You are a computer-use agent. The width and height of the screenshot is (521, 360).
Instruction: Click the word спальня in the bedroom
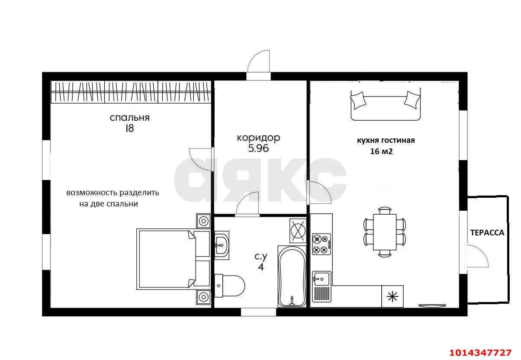tap(129, 118)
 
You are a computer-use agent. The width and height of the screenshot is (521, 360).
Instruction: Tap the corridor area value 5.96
tap(258, 148)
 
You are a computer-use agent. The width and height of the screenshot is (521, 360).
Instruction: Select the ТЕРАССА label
tap(487, 232)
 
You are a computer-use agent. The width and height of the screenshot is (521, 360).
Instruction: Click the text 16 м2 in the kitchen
tap(381, 151)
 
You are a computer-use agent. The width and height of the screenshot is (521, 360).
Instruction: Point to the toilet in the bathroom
tap(229, 286)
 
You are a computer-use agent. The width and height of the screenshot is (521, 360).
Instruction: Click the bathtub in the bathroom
tap(292, 277)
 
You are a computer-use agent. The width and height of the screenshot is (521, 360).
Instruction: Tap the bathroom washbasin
tap(222, 245)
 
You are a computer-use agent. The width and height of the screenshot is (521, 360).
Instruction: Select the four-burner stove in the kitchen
tap(321, 244)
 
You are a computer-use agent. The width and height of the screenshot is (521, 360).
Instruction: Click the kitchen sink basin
tap(322, 278)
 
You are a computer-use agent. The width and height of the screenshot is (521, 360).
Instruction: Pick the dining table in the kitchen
tap(385, 232)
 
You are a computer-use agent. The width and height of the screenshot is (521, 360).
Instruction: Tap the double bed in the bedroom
tap(173, 259)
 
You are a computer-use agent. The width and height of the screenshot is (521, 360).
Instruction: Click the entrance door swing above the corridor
tap(259, 61)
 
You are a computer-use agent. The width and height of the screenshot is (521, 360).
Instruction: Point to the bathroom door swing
tap(247, 203)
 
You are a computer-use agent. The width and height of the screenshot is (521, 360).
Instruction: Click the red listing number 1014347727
tap(480, 353)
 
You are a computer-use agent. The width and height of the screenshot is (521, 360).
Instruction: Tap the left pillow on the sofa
tap(358, 101)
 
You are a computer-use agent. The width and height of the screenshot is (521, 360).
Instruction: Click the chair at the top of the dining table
tap(385, 210)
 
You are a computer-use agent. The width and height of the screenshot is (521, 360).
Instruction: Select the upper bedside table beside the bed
tap(203, 221)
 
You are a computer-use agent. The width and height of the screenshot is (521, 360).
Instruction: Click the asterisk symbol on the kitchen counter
tap(392, 297)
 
